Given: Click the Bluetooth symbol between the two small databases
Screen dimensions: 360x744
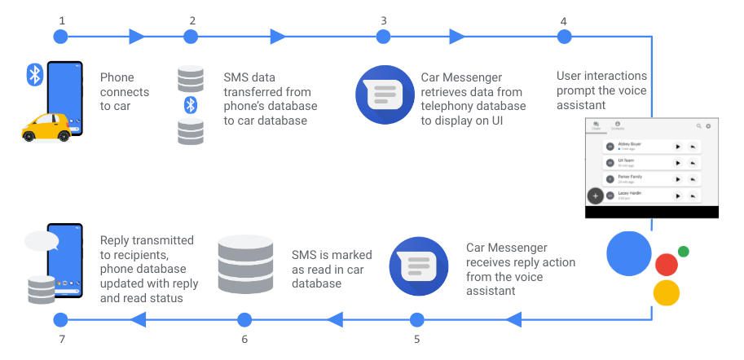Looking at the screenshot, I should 190,104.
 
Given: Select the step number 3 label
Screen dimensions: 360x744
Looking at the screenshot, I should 383,20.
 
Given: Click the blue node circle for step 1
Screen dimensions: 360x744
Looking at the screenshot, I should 59,37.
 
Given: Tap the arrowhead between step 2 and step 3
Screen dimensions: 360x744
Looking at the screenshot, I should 278,37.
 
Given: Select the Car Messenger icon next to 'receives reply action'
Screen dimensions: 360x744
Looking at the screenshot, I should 416,266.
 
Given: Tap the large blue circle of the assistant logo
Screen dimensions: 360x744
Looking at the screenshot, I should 628,253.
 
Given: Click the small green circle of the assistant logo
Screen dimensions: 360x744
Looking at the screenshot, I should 683,252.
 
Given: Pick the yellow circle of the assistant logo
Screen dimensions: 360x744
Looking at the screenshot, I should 666,292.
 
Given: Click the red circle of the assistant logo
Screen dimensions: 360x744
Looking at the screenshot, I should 666,264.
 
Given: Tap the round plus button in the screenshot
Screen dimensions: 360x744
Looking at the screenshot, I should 596,196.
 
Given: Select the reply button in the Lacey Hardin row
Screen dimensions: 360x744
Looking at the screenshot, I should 692,195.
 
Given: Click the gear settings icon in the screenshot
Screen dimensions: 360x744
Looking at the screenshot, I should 708,126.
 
